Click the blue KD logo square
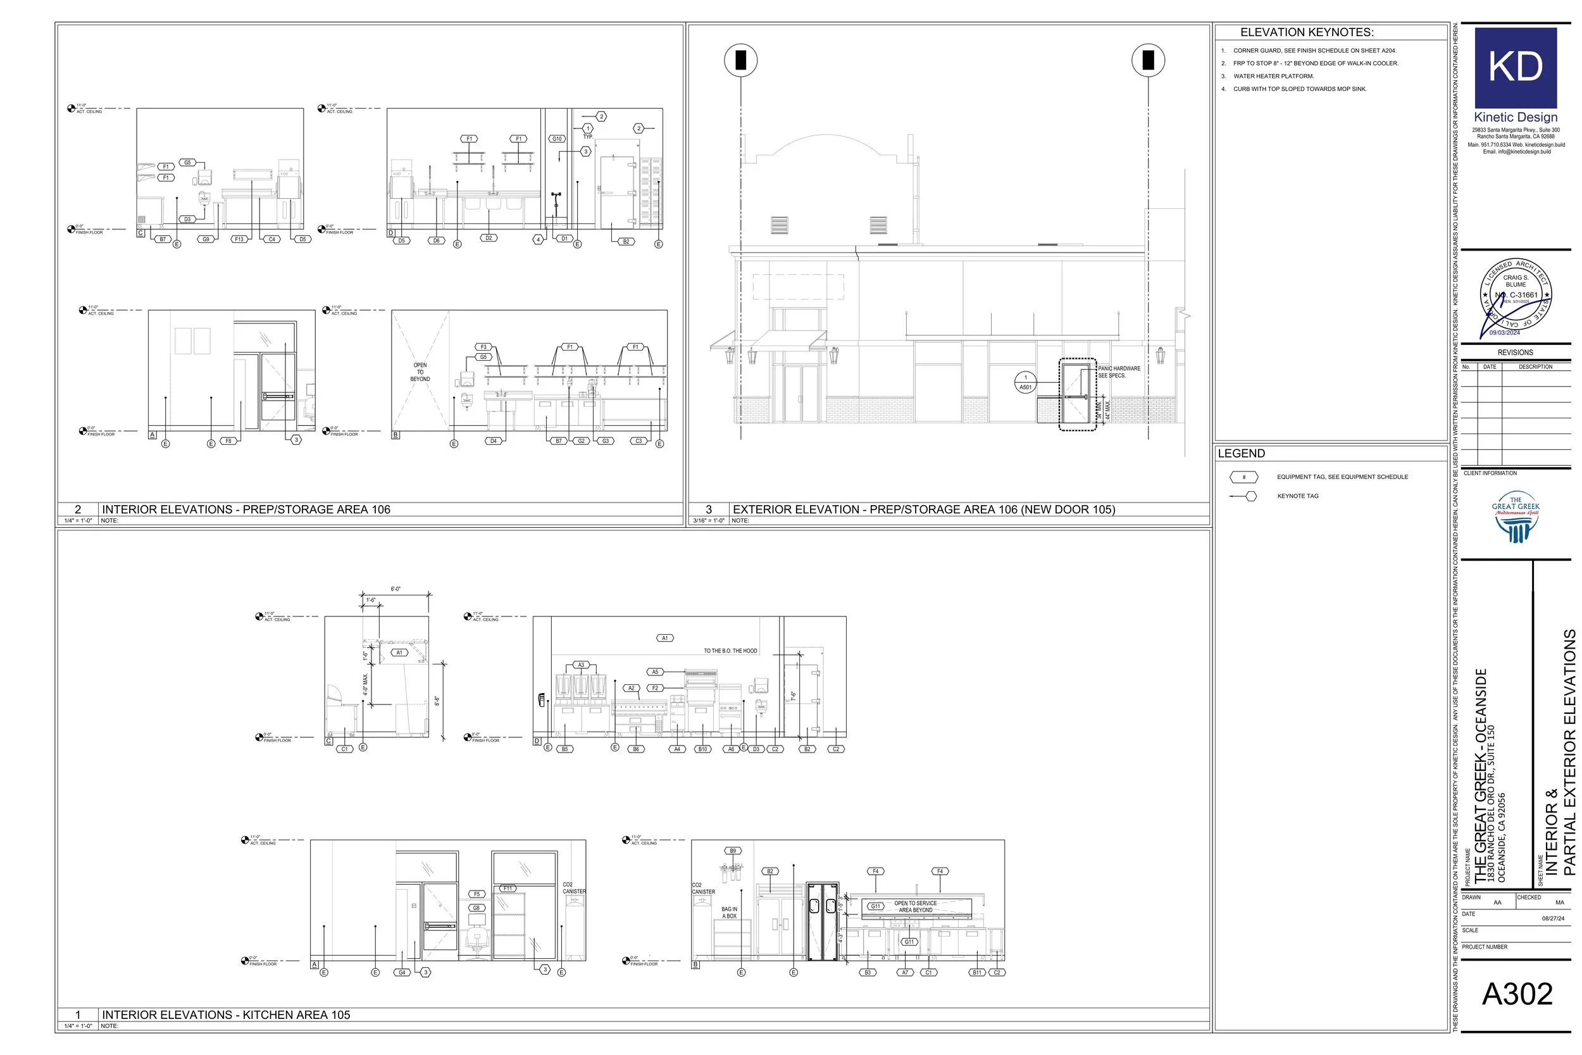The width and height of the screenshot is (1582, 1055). pyautogui.click(x=1516, y=67)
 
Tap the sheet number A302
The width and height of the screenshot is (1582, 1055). pyautogui.click(x=1517, y=994)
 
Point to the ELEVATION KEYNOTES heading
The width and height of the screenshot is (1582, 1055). pyautogui.click(x=1307, y=32)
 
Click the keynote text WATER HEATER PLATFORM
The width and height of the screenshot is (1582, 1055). pyautogui.click(x=1273, y=76)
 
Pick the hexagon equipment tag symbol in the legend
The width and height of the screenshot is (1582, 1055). pyautogui.click(x=1243, y=477)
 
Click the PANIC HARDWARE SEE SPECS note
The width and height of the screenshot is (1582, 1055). pyautogui.click(x=1119, y=372)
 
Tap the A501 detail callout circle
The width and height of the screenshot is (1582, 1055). pyautogui.click(x=1025, y=382)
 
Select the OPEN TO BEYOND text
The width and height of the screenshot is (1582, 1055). pyautogui.click(x=420, y=372)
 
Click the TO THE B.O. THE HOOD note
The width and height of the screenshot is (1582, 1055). pyautogui.click(x=730, y=651)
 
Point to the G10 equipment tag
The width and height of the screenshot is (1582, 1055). pyautogui.click(x=557, y=139)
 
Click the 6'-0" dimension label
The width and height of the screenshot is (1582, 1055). pyautogui.click(x=395, y=589)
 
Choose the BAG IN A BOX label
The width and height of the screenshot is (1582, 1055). pyautogui.click(x=729, y=913)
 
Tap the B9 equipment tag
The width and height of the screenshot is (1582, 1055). pyautogui.click(x=733, y=851)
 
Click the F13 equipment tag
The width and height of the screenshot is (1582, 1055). pyautogui.click(x=239, y=239)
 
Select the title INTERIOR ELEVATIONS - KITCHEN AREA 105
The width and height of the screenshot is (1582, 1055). pyautogui.click(x=226, y=1014)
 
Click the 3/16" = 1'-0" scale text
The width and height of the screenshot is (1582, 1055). pyautogui.click(x=709, y=521)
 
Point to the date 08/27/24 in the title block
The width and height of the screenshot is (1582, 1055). pyautogui.click(x=1552, y=918)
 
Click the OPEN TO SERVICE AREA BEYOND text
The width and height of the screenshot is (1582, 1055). pyautogui.click(x=915, y=906)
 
